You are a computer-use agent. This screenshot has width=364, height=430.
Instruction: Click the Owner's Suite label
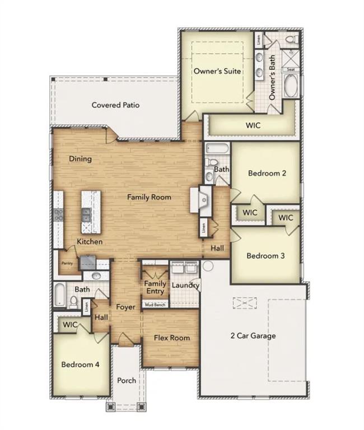tap(217, 71)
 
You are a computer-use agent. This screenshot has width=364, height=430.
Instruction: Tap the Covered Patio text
tap(115, 105)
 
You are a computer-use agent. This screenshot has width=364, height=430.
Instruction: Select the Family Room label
tap(149, 197)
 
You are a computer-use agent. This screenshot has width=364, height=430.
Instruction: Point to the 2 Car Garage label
tap(253, 336)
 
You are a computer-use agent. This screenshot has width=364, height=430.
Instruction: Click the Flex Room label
tap(172, 338)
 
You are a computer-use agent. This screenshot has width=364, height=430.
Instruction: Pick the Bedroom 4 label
tap(80, 364)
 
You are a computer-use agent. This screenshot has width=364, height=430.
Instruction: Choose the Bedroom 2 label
tap(267, 173)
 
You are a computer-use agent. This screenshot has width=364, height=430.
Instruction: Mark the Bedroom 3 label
tap(266, 255)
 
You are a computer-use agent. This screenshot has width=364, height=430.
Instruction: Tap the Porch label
tap(127, 381)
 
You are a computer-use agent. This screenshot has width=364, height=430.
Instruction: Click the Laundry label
tap(185, 286)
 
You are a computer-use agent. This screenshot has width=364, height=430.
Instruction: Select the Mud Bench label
tap(155, 305)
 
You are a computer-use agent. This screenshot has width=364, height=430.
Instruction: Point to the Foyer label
tap(125, 307)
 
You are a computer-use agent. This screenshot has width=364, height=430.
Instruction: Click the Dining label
tap(80, 158)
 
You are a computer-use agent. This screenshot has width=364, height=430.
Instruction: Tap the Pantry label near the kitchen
tap(67, 263)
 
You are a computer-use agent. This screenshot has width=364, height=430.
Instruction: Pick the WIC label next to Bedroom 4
tap(70, 325)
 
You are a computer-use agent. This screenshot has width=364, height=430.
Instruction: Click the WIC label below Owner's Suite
tap(253, 125)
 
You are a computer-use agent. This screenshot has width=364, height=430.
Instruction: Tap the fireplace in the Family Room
tap(200, 199)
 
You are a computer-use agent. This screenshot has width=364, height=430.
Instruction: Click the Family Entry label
tap(155, 287)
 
